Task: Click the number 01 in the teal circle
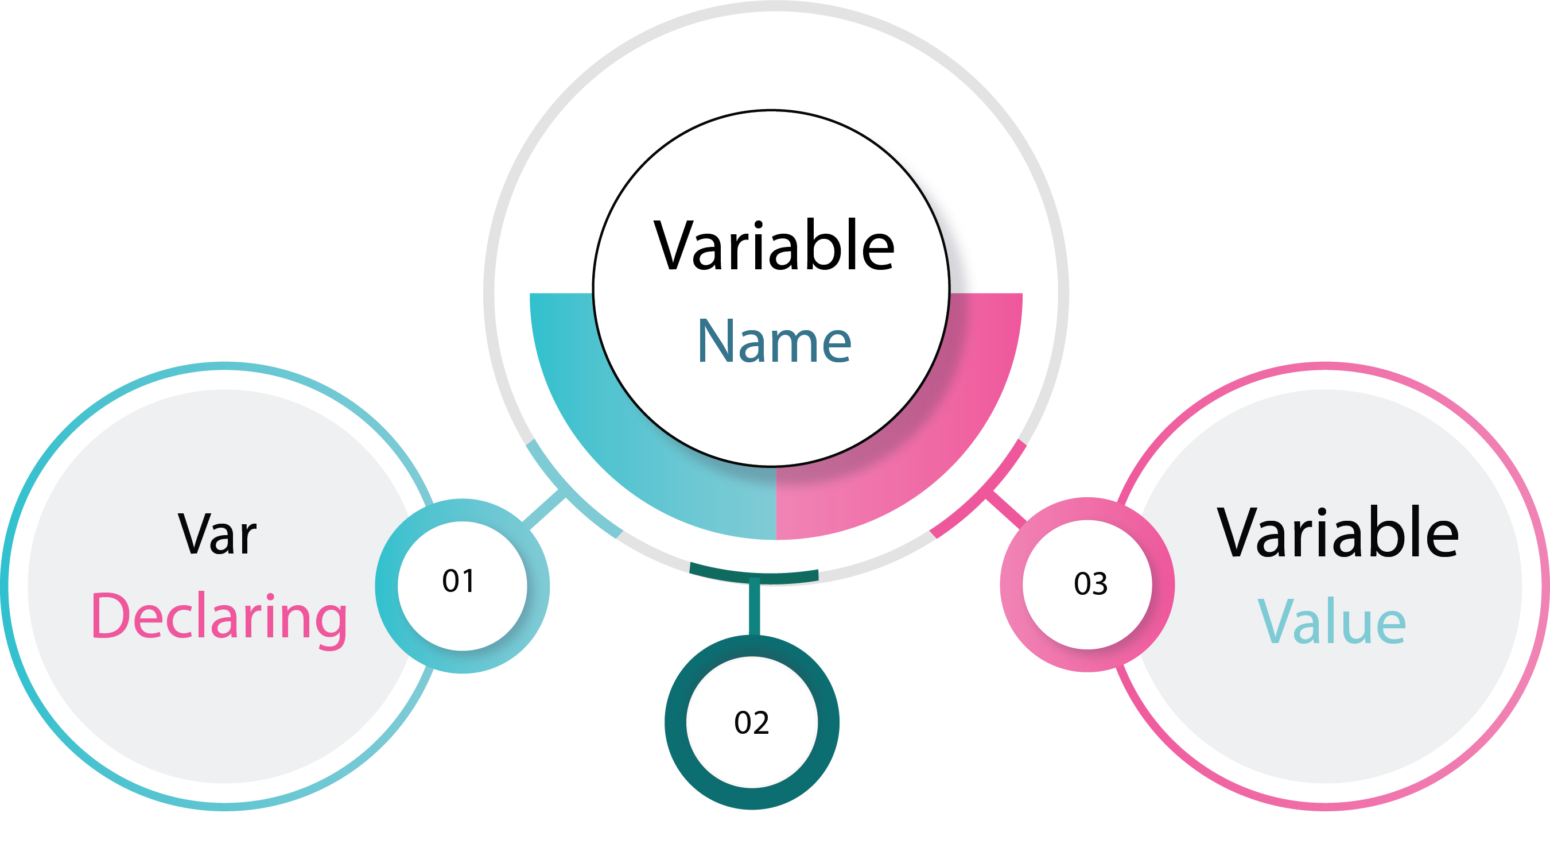[x=458, y=581]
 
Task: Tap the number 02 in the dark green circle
[x=752, y=722]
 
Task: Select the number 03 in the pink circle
[x=1090, y=584]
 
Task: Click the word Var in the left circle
[x=217, y=534]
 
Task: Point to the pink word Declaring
[x=219, y=620]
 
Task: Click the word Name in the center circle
[x=774, y=342]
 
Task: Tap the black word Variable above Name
[x=774, y=245]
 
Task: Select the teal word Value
[x=1331, y=621]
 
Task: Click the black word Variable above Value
[x=1338, y=532]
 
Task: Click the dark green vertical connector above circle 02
[x=754, y=607]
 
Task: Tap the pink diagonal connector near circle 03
[x=1005, y=509]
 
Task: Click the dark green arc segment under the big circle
[x=754, y=577]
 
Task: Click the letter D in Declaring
[x=110, y=616]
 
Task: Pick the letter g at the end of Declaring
[x=332, y=626]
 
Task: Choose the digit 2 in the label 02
[x=761, y=722]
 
